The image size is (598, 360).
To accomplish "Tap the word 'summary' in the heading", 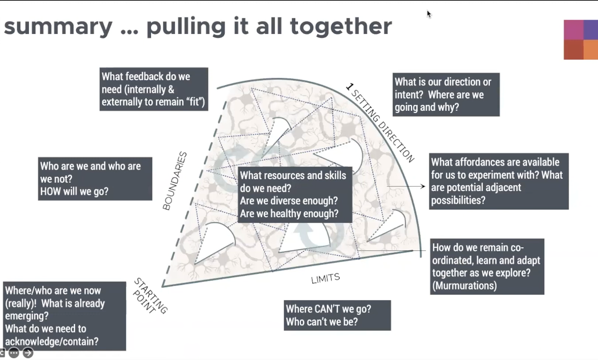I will [58, 27].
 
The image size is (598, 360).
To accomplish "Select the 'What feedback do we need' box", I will [154, 89].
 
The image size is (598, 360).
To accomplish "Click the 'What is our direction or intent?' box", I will [446, 94].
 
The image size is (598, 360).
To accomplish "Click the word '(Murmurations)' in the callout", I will [465, 286].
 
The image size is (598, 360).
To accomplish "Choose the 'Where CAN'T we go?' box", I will [337, 315].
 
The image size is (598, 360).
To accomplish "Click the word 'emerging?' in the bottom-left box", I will [27, 316].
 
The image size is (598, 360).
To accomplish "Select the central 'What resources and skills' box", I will [295, 195].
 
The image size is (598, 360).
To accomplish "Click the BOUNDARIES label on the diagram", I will [175, 181].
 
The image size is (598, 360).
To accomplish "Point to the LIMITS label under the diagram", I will [326, 278].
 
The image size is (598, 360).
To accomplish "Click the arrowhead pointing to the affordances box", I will [423, 186].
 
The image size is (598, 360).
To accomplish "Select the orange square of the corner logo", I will [591, 50].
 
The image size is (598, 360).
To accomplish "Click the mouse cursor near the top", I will [429, 14].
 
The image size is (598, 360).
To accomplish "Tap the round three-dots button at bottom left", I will [14, 353].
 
